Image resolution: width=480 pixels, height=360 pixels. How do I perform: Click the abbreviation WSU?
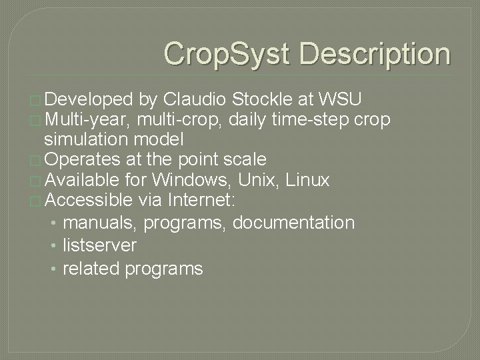(x=341, y=100)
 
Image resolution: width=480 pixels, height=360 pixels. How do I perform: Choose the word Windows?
(x=189, y=179)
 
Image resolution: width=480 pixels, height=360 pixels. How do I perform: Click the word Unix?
(x=253, y=179)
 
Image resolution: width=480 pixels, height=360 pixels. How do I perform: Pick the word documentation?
(x=293, y=222)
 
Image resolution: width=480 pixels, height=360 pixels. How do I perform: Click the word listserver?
(x=99, y=245)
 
